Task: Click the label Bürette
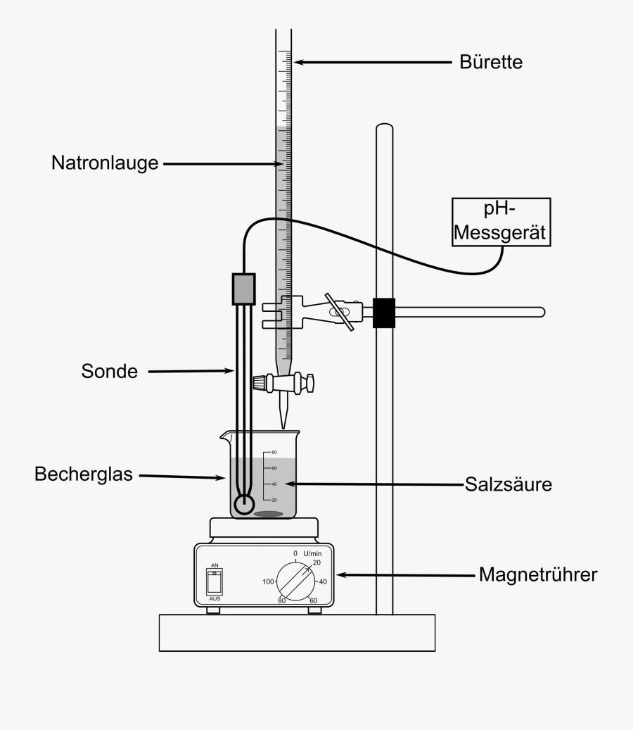click(491, 62)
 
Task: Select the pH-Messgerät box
click(501, 222)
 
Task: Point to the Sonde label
click(109, 371)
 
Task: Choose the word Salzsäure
click(508, 484)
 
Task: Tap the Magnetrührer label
click(538, 575)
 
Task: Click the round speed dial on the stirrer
click(295, 581)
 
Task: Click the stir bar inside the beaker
click(267, 513)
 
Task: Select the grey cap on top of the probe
click(243, 288)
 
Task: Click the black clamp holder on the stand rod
click(384, 312)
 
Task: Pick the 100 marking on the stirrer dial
click(267, 581)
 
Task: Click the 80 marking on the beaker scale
click(274, 452)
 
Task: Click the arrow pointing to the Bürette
click(373, 62)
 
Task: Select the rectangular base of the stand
click(297, 631)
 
